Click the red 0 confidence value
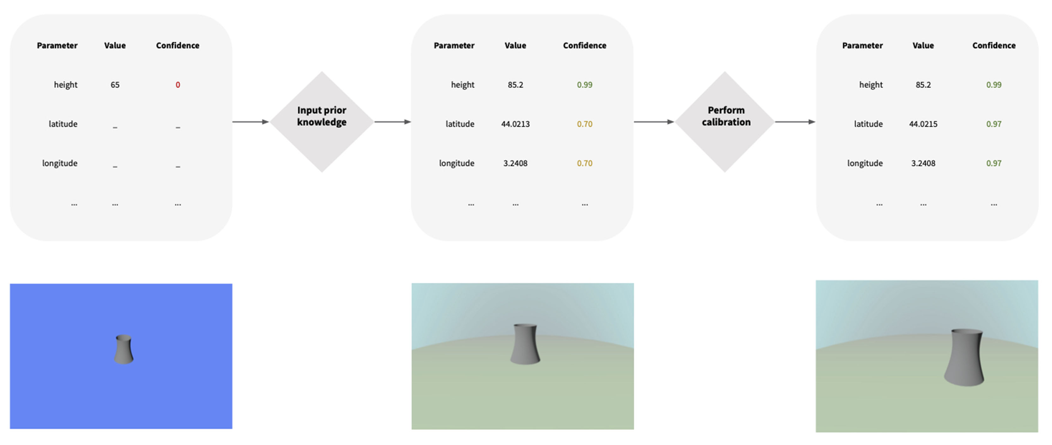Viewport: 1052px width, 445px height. coord(177,85)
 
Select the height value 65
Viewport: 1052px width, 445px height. coord(115,85)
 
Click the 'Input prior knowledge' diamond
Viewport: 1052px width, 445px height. coord(322,122)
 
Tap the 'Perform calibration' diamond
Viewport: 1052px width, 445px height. coord(725,122)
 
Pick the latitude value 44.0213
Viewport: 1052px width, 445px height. coord(515,124)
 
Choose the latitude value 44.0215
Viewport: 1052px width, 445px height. coord(923,124)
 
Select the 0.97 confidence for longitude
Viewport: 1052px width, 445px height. coord(994,163)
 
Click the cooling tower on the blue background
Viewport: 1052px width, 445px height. coord(123,349)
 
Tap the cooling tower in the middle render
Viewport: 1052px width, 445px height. coord(525,344)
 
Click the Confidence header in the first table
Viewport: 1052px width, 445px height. coord(177,45)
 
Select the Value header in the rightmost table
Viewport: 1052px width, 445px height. coord(923,45)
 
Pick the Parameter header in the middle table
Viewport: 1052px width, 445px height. coord(454,45)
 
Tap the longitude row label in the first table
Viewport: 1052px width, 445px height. coord(60,163)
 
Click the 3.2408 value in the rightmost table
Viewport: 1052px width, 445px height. coord(923,163)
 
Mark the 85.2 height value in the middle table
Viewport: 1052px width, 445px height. coord(515,85)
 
